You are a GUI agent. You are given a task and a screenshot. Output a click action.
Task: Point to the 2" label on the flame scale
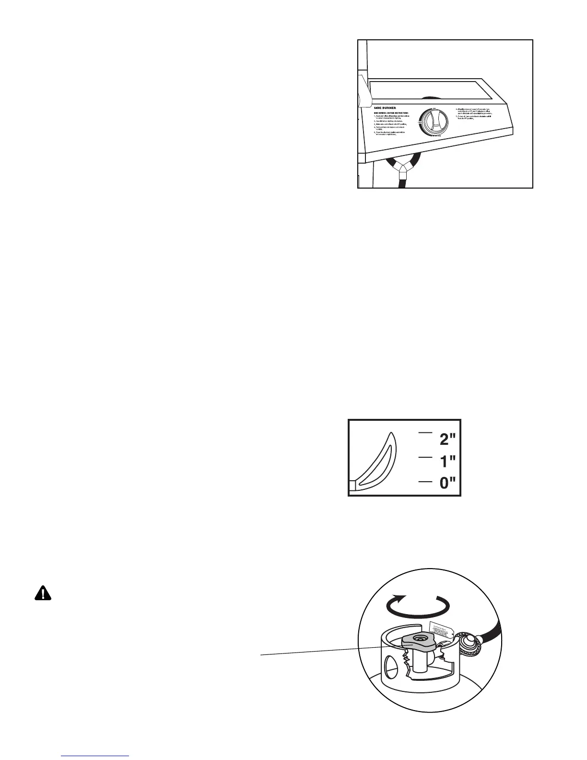click(x=448, y=439)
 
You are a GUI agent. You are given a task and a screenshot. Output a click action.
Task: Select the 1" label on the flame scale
click(x=448, y=462)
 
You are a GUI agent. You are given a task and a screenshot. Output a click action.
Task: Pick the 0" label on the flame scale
click(x=448, y=483)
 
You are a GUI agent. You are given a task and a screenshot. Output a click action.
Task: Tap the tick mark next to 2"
click(x=425, y=433)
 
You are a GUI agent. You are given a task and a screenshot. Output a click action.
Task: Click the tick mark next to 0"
click(x=425, y=480)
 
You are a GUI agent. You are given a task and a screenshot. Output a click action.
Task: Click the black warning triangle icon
click(x=43, y=594)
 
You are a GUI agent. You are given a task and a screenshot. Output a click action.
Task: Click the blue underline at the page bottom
click(x=95, y=757)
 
